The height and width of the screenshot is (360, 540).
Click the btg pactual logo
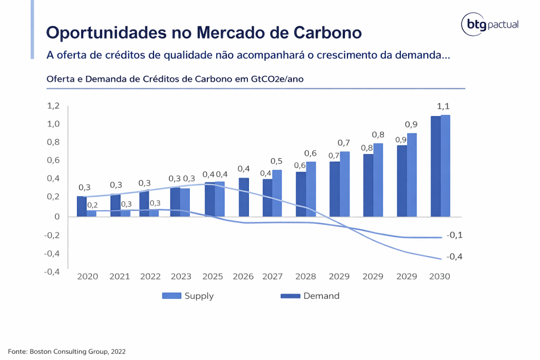[490, 25]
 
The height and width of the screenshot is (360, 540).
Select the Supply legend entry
[188, 296]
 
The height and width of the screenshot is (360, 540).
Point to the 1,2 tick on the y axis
[53, 106]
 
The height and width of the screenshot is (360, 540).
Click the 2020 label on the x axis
[88, 277]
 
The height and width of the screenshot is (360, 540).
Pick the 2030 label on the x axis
[440, 277]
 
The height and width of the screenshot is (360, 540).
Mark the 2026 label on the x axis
[243, 277]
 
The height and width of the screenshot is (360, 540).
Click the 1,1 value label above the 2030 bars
[443, 106]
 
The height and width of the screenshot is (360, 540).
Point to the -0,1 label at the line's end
[454, 235]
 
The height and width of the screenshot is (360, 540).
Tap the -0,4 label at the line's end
[454, 257]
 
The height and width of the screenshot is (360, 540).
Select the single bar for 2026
[243, 197]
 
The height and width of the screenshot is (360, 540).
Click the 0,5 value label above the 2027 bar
[276, 161]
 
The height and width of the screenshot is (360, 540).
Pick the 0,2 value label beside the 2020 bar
[92, 205]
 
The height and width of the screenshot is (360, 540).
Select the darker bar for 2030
[436, 166]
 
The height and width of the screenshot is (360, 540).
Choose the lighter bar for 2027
[277, 193]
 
